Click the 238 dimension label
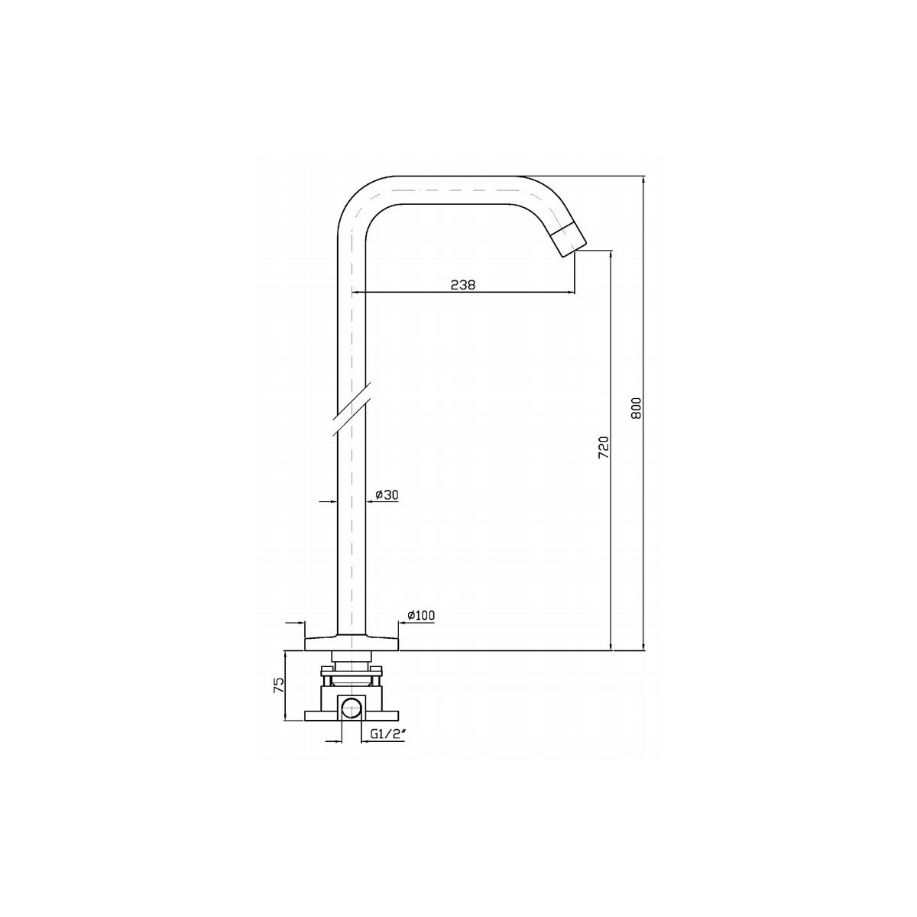click(462, 284)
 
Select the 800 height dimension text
click(637, 408)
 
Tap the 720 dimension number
click(604, 447)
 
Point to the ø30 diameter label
click(387, 495)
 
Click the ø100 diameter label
click(420, 615)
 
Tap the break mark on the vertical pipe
click(352, 409)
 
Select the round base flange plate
click(352, 643)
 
